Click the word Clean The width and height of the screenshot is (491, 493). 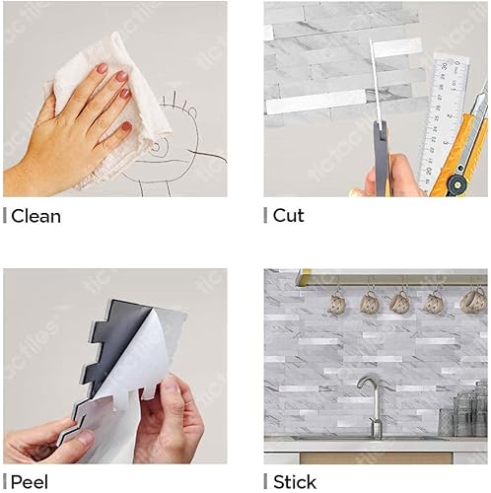click(35, 216)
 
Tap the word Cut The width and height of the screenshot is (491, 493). click(289, 215)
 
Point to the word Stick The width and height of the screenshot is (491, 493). click(295, 482)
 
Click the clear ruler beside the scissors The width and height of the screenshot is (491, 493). click(441, 118)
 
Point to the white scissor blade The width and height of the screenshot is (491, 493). click(375, 79)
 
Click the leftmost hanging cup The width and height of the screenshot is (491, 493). click(336, 303)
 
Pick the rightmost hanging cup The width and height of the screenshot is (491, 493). click(474, 301)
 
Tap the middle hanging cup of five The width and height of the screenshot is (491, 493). click(400, 303)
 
